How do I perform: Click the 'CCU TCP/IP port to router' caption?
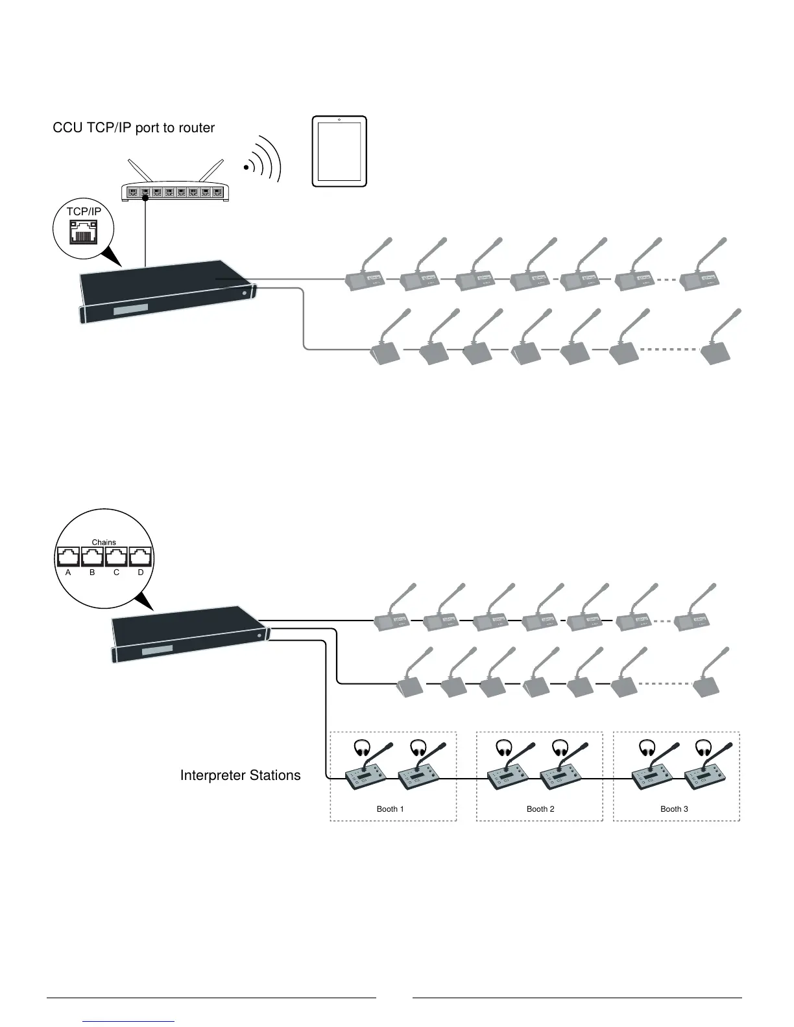coord(134,128)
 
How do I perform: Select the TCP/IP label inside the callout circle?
coord(84,211)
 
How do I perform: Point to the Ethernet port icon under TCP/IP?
coord(83,231)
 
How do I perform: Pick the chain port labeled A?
coord(68,557)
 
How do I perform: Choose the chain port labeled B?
coord(92,557)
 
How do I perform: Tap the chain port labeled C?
coord(116,557)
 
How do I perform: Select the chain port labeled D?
coord(140,557)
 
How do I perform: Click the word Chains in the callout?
coord(104,542)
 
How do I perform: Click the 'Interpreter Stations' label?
coord(240,775)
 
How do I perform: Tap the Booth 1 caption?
coord(390,809)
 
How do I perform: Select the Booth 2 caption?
coord(540,809)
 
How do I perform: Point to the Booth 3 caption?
coord(674,809)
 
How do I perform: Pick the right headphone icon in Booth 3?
coord(703,748)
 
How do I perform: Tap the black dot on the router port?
coord(145,200)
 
